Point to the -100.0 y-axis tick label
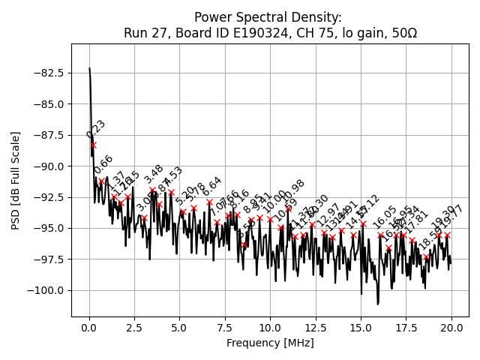[x=46, y=290]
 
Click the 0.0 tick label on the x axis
[x=89, y=328]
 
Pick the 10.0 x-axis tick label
[x=270, y=328]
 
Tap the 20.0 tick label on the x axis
[x=451, y=328]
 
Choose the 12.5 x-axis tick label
[x=315, y=328]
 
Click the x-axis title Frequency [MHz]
[x=270, y=343]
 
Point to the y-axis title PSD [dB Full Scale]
[x=16, y=180]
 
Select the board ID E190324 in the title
[x=244, y=33]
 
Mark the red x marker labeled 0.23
[x=93, y=145]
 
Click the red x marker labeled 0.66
[x=102, y=181]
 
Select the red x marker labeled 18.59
[x=426, y=256]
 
